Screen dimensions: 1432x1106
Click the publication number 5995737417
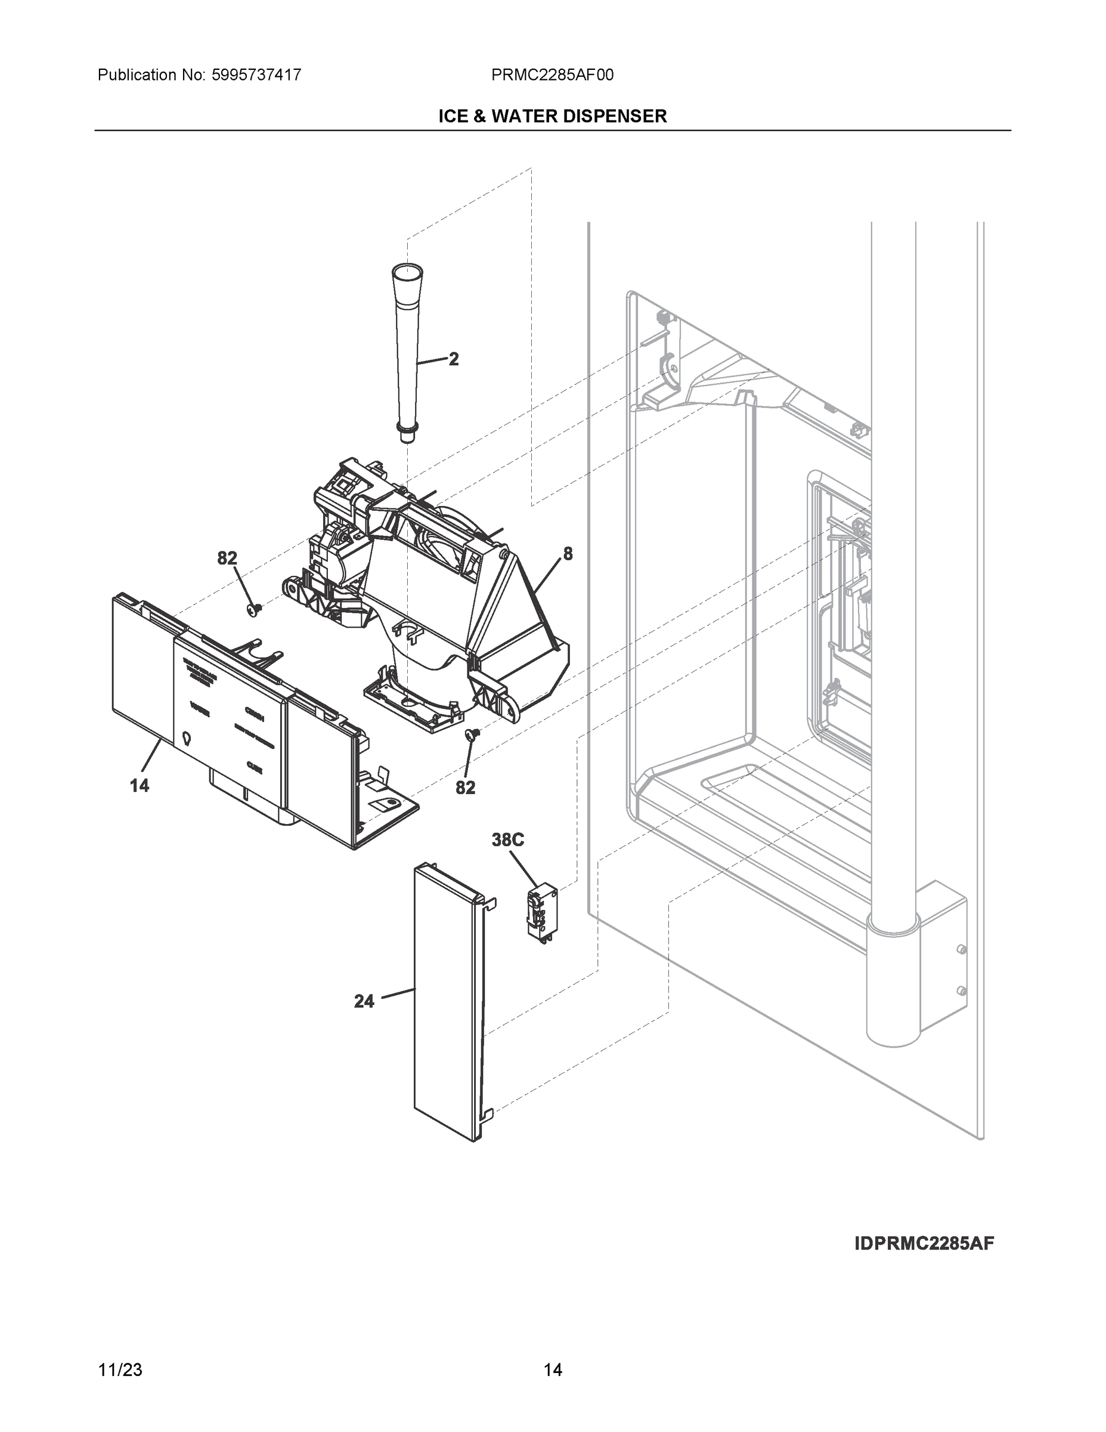pyautogui.click(x=256, y=75)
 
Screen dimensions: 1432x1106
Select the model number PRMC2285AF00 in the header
pyautogui.click(x=552, y=75)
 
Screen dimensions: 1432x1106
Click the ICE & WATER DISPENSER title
pyautogui.click(x=552, y=116)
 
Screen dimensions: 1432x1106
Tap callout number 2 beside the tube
pyautogui.click(x=453, y=359)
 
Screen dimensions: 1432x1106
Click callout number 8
pyautogui.click(x=568, y=554)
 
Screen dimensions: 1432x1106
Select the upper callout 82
pyautogui.click(x=227, y=558)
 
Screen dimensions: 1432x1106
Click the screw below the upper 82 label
pyautogui.click(x=255, y=610)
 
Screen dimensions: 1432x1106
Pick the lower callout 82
pyautogui.click(x=465, y=788)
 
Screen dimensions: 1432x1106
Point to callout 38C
pyautogui.click(x=508, y=840)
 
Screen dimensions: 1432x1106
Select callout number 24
pyautogui.click(x=364, y=1001)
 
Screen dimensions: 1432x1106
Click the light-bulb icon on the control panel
pyautogui.click(x=187, y=739)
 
